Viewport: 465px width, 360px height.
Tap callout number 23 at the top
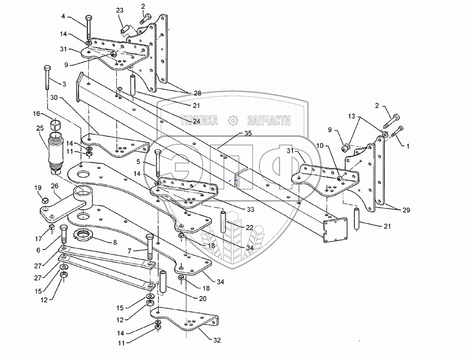pos(119,10)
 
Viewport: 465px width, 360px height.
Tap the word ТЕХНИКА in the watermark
pos(198,121)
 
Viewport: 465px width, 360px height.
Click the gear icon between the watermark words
pos(234,121)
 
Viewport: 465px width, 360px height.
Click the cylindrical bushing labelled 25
pos(54,150)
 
